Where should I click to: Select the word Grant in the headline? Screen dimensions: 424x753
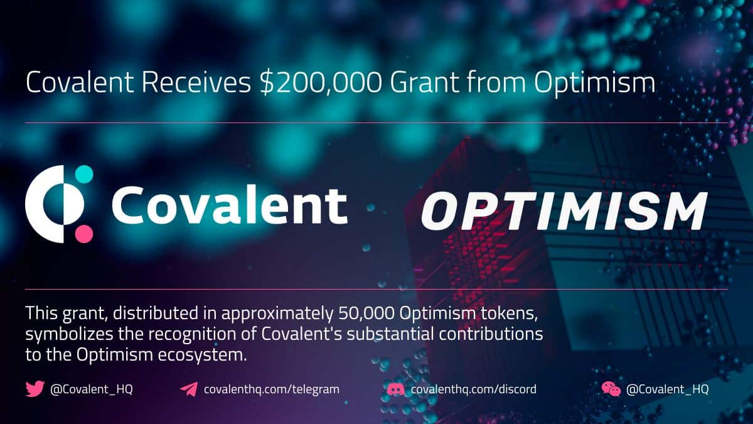(425, 84)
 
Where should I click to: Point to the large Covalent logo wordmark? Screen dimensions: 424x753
(229, 205)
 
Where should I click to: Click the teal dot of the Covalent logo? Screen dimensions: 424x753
(83, 174)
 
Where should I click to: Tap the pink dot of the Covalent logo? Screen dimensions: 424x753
(83, 234)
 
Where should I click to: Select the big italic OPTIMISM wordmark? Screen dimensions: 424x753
(563, 212)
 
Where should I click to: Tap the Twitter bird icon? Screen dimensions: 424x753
(35, 389)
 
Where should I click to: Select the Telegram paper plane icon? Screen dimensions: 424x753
(188, 389)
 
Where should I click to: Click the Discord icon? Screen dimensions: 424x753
(395, 389)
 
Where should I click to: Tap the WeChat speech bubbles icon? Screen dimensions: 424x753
(611, 389)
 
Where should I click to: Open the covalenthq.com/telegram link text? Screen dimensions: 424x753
(272, 389)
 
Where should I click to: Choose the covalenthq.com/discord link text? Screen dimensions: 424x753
(473, 389)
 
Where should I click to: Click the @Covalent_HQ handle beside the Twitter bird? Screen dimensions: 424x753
(92, 389)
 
